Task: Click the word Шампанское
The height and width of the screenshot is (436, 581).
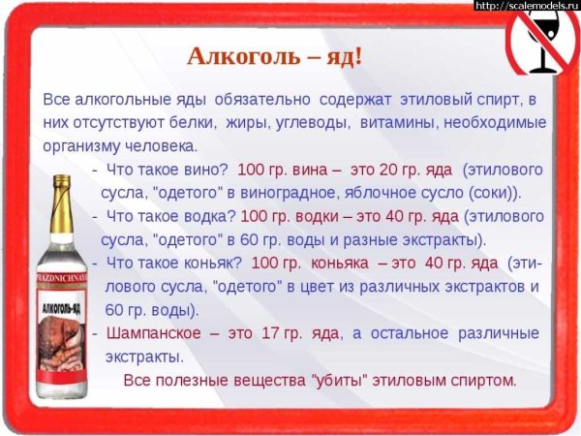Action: pyautogui.click(x=151, y=332)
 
